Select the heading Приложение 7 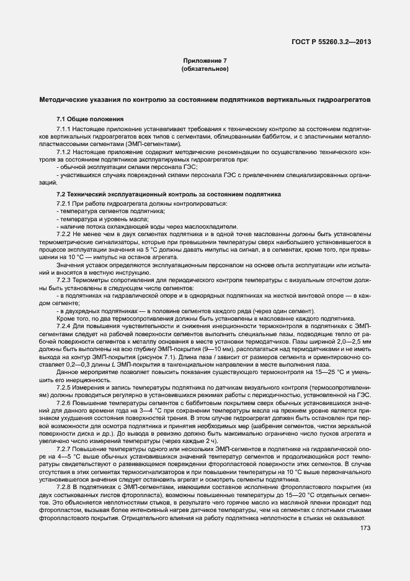(x=205, y=60)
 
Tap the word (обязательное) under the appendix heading (x=205, y=69)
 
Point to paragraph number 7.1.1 (x=65, y=128)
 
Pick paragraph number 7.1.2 (x=65, y=151)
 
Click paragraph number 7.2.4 (x=65, y=326)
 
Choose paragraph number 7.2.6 (x=65, y=403)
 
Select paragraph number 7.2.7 (x=65, y=448)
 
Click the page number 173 (x=365, y=529)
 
